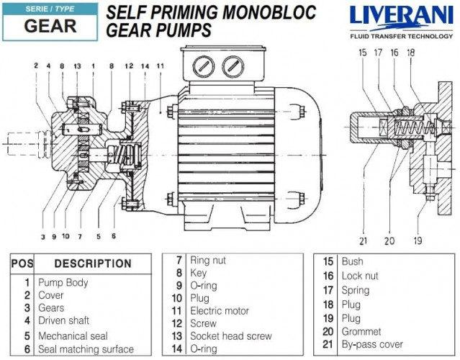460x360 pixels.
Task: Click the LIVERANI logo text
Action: pyautogui.click(x=400, y=17)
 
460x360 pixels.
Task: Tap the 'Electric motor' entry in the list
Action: pyautogui.click(x=220, y=311)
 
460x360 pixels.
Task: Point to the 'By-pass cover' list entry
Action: pyautogui.click(x=372, y=344)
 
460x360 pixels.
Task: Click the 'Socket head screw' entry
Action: pyautogui.click(x=230, y=336)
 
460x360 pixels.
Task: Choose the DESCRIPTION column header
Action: pyautogui.click(x=93, y=264)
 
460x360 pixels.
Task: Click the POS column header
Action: pyautogui.click(x=22, y=264)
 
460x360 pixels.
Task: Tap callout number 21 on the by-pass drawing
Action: pyautogui.click(x=363, y=240)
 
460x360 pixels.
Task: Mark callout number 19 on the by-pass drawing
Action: pyautogui.click(x=418, y=240)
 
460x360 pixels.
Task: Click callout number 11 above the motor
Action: pyautogui.click(x=160, y=66)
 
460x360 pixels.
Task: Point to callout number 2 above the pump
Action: pyautogui.click(x=35, y=66)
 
